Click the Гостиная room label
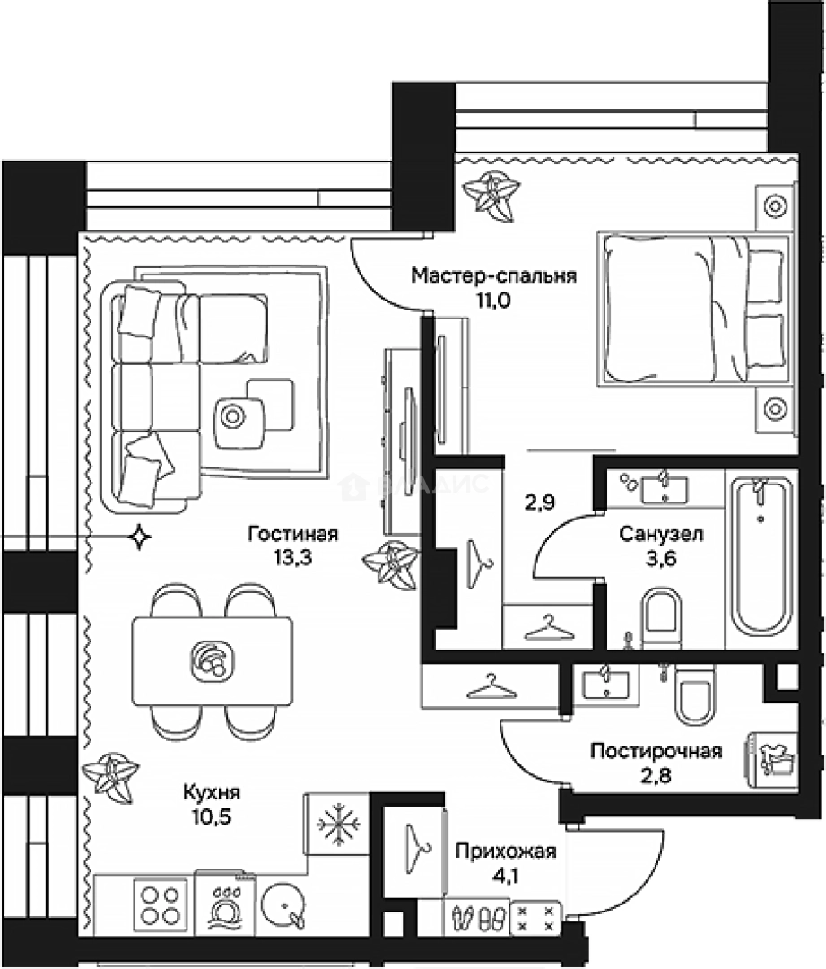click(x=293, y=533)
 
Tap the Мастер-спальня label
click(x=493, y=275)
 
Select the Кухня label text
click(x=212, y=792)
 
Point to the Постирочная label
click(x=656, y=751)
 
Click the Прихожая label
click(x=506, y=851)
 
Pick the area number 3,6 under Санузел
click(x=661, y=559)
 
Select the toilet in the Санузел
click(x=661, y=618)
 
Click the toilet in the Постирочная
click(x=694, y=694)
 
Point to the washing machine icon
click(x=772, y=760)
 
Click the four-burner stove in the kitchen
click(x=160, y=904)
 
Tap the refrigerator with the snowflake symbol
click(x=337, y=824)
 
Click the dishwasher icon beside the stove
click(x=225, y=904)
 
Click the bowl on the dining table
click(x=212, y=660)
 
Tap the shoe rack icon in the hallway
click(x=476, y=917)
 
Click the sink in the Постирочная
click(x=605, y=684)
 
